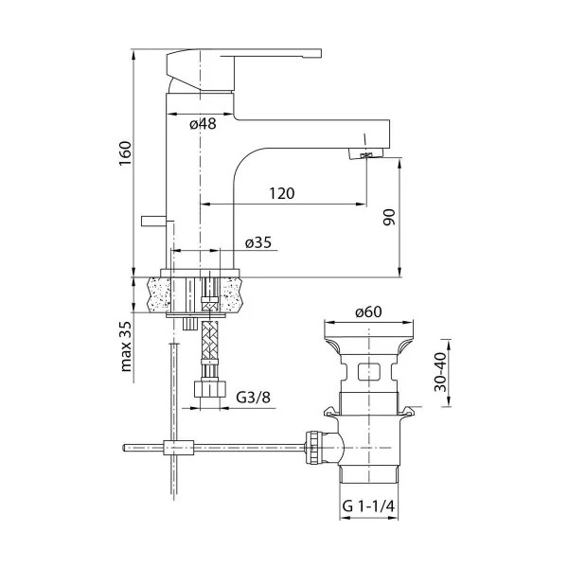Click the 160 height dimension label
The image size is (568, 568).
(125, 152)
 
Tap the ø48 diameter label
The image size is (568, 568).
(203, 124)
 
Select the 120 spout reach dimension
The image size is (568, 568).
(282, 193)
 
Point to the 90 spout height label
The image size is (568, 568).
(389, 217)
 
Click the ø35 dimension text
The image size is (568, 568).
(258, 242)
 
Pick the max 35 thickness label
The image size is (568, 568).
(126, 346)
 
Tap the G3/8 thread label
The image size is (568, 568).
(253, 398)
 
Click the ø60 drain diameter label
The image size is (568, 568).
(368, 311)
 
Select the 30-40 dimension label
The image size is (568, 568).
(441, 372)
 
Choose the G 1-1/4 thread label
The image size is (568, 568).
(368, 506)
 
